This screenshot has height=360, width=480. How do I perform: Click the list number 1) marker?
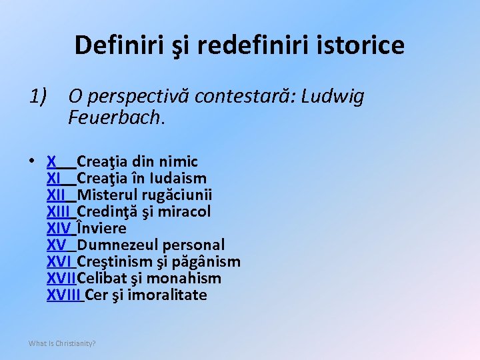coord(38,97)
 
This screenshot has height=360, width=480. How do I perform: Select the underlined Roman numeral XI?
coord(54,178)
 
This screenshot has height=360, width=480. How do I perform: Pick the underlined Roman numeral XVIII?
coord(64,295)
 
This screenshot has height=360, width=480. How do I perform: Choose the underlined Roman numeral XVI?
coord(59,261)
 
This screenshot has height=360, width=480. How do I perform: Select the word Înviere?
coord(101,228)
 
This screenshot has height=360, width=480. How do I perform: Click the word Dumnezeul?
coord(115,245)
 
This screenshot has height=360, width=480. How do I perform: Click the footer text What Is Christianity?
coord(62,343)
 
